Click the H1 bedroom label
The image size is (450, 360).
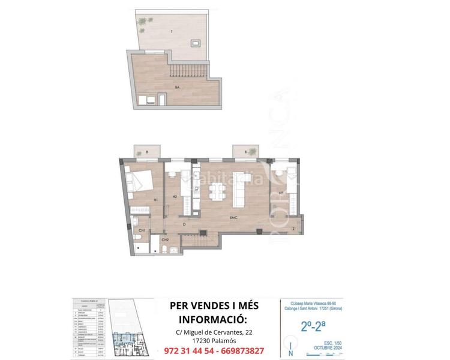pos(155,200)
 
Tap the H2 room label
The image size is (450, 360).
pos(174,196)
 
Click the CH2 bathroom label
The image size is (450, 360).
pos(164,239)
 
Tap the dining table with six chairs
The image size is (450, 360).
pos(217,191)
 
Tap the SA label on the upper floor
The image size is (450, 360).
pos(177,88)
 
